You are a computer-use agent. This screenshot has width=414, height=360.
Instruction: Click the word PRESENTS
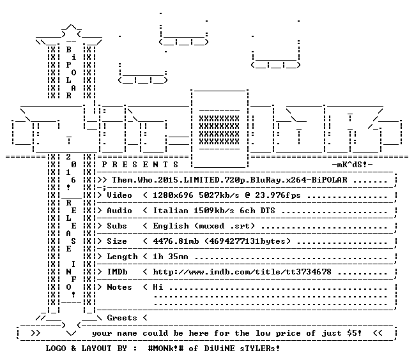(x=140, y=165)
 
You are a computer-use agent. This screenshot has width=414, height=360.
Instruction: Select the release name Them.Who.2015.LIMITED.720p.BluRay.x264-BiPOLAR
(x=230, y=180)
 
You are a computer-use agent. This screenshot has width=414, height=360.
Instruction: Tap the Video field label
(x=119, y=195)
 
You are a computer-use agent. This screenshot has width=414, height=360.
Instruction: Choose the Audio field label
(x=119, y=211)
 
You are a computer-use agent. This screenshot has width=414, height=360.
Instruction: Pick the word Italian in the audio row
(x=171, y=211)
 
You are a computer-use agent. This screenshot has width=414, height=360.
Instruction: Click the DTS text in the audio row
(x=268, y=211)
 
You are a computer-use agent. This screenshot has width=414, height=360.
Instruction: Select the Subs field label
(x=117, y=226)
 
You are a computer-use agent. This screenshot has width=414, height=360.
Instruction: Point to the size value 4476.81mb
(x=176, y=241)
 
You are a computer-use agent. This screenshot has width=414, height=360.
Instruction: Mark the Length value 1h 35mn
(x=171, y=257)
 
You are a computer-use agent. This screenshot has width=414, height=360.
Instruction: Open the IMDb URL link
(x=242, y=272)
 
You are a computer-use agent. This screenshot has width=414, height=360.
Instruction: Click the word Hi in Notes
(x=158, y=287)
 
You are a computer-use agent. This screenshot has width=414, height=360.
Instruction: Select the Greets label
(x=122, y=318)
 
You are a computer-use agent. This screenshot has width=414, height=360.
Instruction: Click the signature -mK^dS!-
(x=352, y=165)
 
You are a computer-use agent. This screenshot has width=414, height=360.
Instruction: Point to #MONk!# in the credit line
(x=165, y=349)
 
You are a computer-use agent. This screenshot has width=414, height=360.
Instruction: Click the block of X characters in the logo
(x=219, y=130)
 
